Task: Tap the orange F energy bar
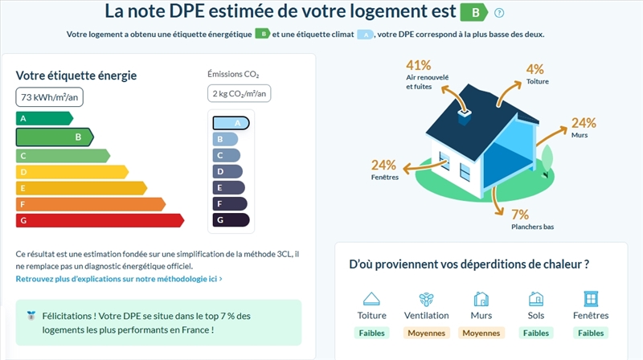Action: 88,204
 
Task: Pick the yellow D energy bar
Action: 71,172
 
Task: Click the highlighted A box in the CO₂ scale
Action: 231,123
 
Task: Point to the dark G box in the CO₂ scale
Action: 231,219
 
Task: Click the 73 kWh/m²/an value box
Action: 49,97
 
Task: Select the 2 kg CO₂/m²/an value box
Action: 240,93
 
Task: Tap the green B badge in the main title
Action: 473,12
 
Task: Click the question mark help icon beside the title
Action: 499,13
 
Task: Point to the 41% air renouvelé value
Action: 419,65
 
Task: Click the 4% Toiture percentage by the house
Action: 534,69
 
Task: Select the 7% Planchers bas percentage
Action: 520,215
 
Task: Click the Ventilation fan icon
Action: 427,299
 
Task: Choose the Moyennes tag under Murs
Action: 481,333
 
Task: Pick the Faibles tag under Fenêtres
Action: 591,333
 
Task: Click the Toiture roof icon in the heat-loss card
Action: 371,299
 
